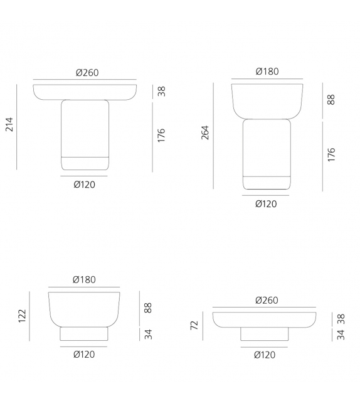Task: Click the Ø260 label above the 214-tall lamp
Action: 87,73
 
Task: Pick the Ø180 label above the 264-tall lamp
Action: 267,72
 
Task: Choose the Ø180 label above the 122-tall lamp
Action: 84,280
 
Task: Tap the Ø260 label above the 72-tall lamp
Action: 267,301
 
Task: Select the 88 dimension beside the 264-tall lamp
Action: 331,100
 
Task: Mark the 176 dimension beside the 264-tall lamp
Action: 331,155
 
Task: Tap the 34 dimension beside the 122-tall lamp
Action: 149,333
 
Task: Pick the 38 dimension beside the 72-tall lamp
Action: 341,319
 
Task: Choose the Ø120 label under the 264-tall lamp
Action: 267,204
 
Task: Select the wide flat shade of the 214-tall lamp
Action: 85,90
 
